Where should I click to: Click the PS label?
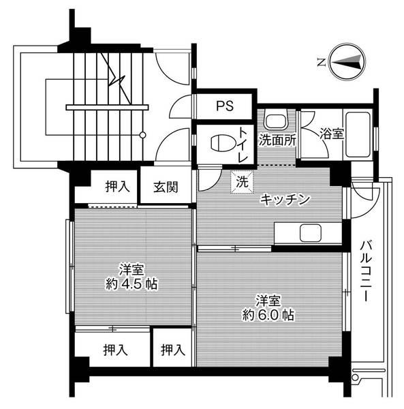[225, 106]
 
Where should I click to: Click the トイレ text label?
[243, 144]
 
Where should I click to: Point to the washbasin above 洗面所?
[276, 121]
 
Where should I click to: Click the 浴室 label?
[332, 134]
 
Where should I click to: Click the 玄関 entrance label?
[166, 186]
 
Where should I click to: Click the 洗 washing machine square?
[242, 183]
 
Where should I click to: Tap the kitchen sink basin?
[311, 232]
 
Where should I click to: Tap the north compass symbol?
[346, 63]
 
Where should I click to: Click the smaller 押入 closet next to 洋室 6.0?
[173, 350]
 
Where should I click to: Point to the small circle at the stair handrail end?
[142, 135]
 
